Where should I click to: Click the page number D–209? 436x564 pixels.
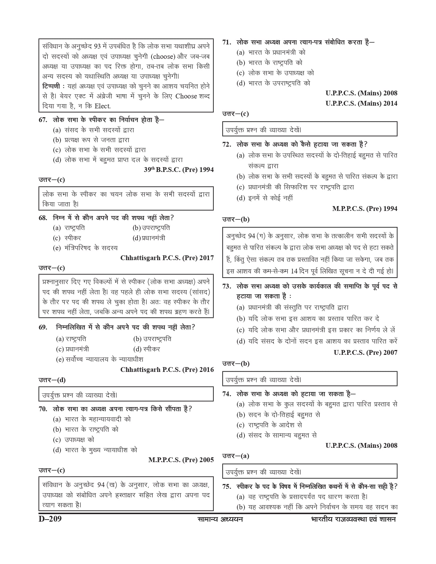50,520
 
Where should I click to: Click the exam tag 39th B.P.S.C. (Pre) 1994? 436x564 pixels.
179,170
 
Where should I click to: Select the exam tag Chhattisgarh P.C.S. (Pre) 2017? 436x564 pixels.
167,258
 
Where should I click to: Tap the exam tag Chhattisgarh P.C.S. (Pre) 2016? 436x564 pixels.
167,370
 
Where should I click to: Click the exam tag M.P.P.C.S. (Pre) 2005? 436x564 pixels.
181,460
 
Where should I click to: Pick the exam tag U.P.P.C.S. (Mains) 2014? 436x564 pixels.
361,103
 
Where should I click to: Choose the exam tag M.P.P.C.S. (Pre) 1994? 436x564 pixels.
365,209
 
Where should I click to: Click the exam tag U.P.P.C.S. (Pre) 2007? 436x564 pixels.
366,352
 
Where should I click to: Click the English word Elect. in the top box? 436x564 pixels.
103,106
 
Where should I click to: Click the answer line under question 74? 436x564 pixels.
236,456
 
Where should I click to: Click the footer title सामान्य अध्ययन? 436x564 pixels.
220,519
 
